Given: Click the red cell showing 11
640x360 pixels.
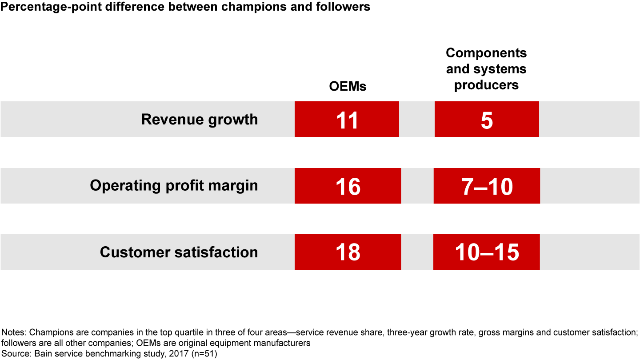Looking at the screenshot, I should (x=347, y=119).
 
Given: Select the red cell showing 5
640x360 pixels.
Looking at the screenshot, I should (x=487, y=119).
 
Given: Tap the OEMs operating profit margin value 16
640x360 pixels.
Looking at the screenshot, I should (x=348, y=186).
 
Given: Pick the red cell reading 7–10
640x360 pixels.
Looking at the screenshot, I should (x=487, y=186).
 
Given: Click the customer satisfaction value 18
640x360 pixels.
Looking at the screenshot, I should (x=348, y=252).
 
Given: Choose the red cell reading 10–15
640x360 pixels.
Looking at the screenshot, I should (x=487, y=252).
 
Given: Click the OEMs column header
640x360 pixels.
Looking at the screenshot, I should (x=348, y=86).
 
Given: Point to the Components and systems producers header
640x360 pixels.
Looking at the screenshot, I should (x=486, y=69).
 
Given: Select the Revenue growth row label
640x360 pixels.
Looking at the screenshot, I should (x=200, y=120).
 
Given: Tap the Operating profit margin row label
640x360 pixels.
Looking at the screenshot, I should (x=174, y=185).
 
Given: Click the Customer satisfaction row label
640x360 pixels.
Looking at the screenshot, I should (x=179, y=252).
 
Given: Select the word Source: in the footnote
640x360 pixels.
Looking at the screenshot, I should (x=16, y=353).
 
